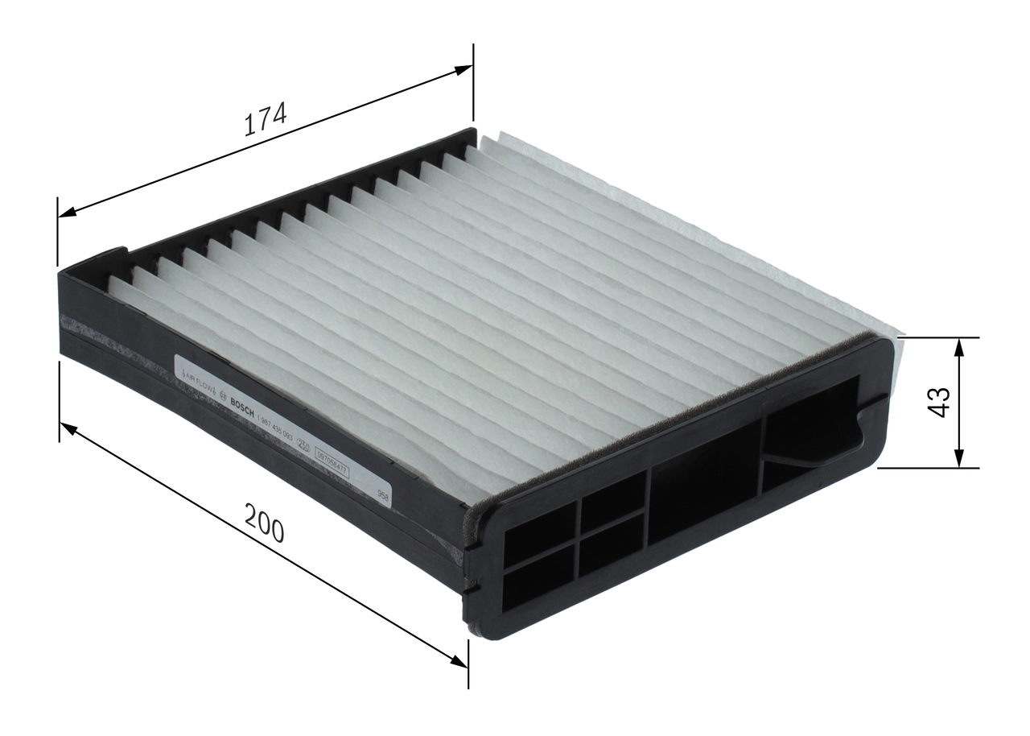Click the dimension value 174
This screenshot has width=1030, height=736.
[265, 120]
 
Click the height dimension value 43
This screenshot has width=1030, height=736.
[938, 402]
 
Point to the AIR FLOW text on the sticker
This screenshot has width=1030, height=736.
[196, 380]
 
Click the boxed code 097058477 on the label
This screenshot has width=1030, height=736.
[332, 465]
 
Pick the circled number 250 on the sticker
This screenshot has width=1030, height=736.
[304, 444]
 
